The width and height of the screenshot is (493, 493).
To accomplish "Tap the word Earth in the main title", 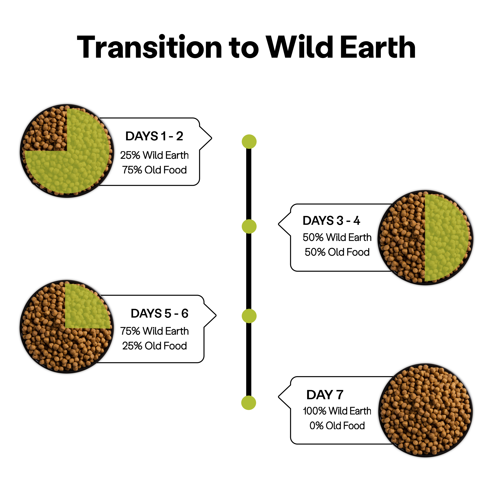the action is pyautogui.click(x=378, y=47).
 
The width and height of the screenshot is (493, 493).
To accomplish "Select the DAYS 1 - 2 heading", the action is pyautogui.click(x=154, y=136).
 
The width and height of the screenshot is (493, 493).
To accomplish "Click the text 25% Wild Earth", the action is pyautogui.click(x=154, y=155).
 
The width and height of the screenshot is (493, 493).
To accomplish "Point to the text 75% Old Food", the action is pyautogui.click(x=154, y=170).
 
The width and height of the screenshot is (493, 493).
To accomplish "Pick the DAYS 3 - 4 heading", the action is pyautogui.click(x=331, y=221).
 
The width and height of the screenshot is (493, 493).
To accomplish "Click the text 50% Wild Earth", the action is pyautogui.click(x=337, y=237).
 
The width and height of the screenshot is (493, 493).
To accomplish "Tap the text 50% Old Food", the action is pyautogui.click(x=337, y=252).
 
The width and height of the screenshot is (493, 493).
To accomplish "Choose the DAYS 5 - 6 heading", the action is pyautogui.click(x=159, y=314).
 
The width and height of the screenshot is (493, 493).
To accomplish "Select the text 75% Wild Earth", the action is pyautogui.click(x=154, y=331).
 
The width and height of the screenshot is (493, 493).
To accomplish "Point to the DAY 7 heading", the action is pyautogui.click(x=325, y=395).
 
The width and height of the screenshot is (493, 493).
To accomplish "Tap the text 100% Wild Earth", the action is pyautogui.click(x=337, y=411).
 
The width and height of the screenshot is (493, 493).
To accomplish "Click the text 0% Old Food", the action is pyautogui.click(x=337, y=426).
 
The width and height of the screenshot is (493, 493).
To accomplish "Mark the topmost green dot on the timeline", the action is pyautogui.click(x=249, y=142).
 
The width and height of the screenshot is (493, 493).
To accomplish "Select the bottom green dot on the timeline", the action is pyautogui.click(x=249, y=403).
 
